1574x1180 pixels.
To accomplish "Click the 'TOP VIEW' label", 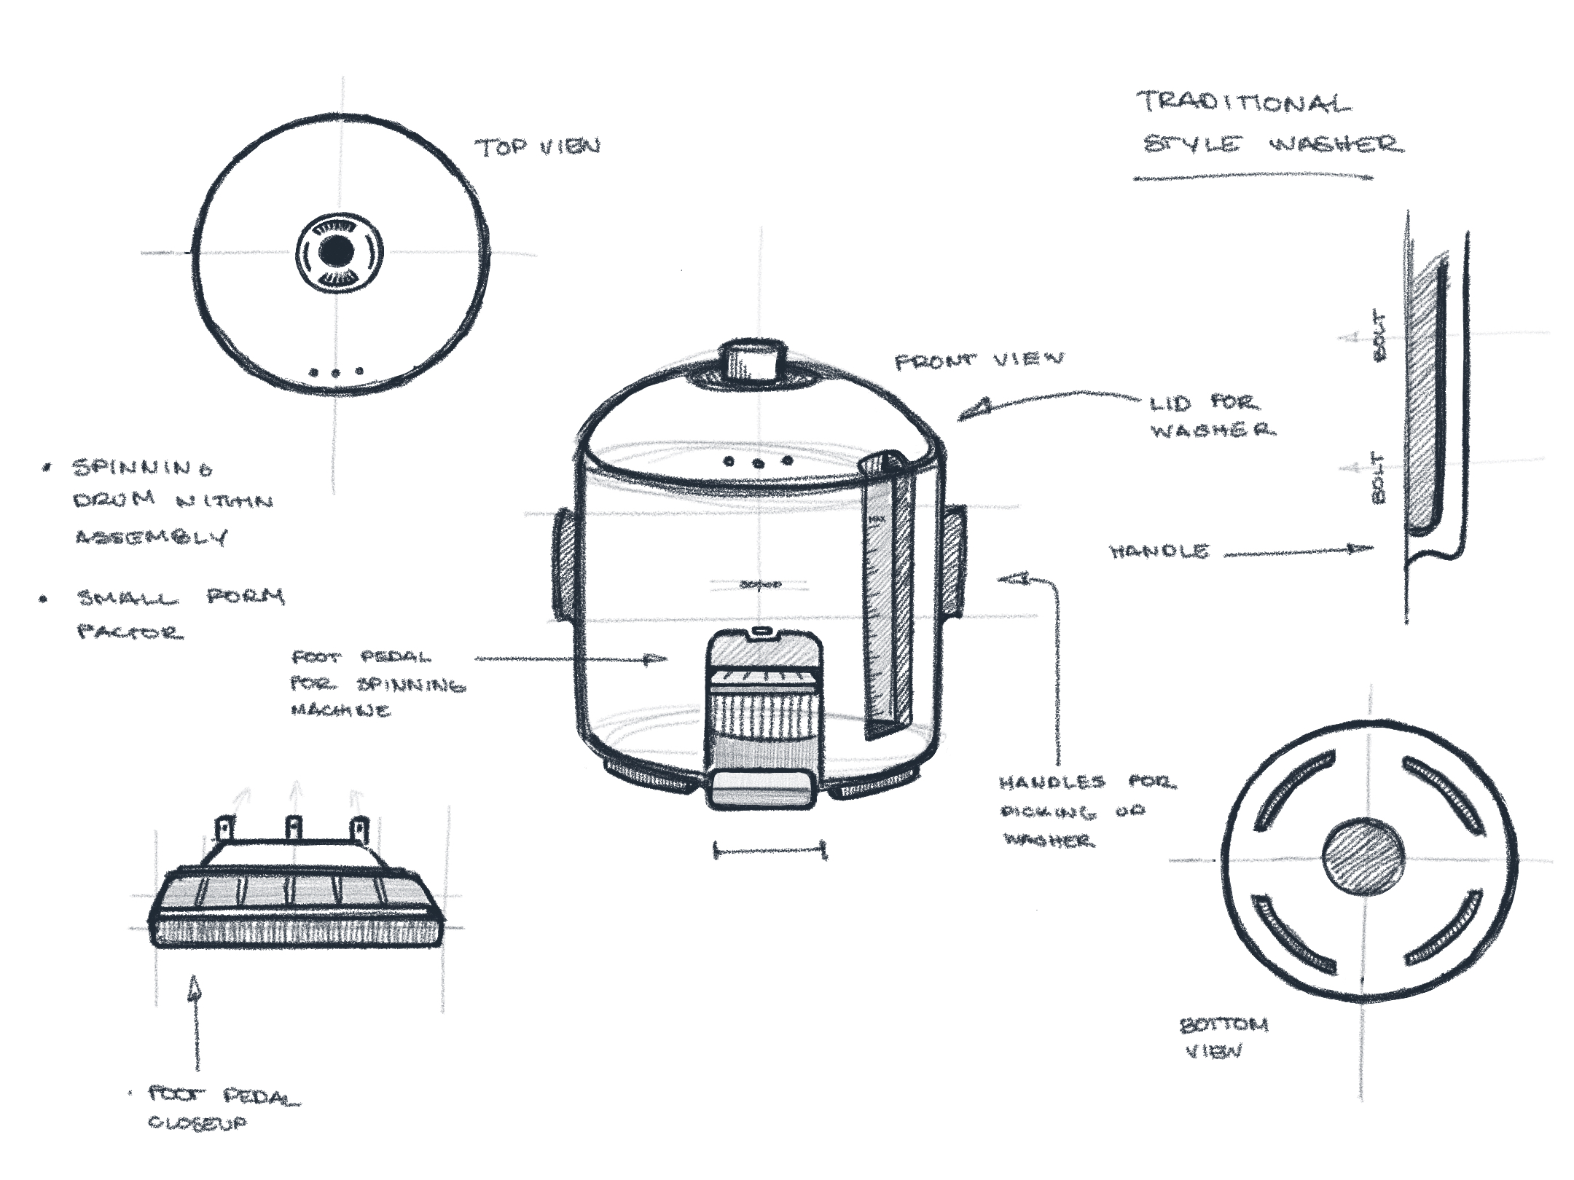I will coord(538,146).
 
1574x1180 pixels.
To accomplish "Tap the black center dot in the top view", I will coord(337,252).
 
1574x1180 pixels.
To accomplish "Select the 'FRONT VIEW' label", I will coord(978,360).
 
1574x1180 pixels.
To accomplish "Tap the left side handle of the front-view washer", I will coord(565,565).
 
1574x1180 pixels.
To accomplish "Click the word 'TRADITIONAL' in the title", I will coord(1243,103).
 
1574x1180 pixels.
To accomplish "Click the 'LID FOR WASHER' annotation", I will coord(1210,416).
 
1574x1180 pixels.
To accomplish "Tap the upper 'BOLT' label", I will coord(1378,337).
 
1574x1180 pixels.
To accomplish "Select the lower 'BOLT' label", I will coord(1377,478).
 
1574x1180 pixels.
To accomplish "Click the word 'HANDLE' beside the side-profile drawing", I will coord(1159,551).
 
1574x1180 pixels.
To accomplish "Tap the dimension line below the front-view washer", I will coord(770,849).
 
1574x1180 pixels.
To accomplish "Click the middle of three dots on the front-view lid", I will coord(758,463).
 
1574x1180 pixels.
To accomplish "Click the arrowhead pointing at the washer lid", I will coord(973,410).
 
